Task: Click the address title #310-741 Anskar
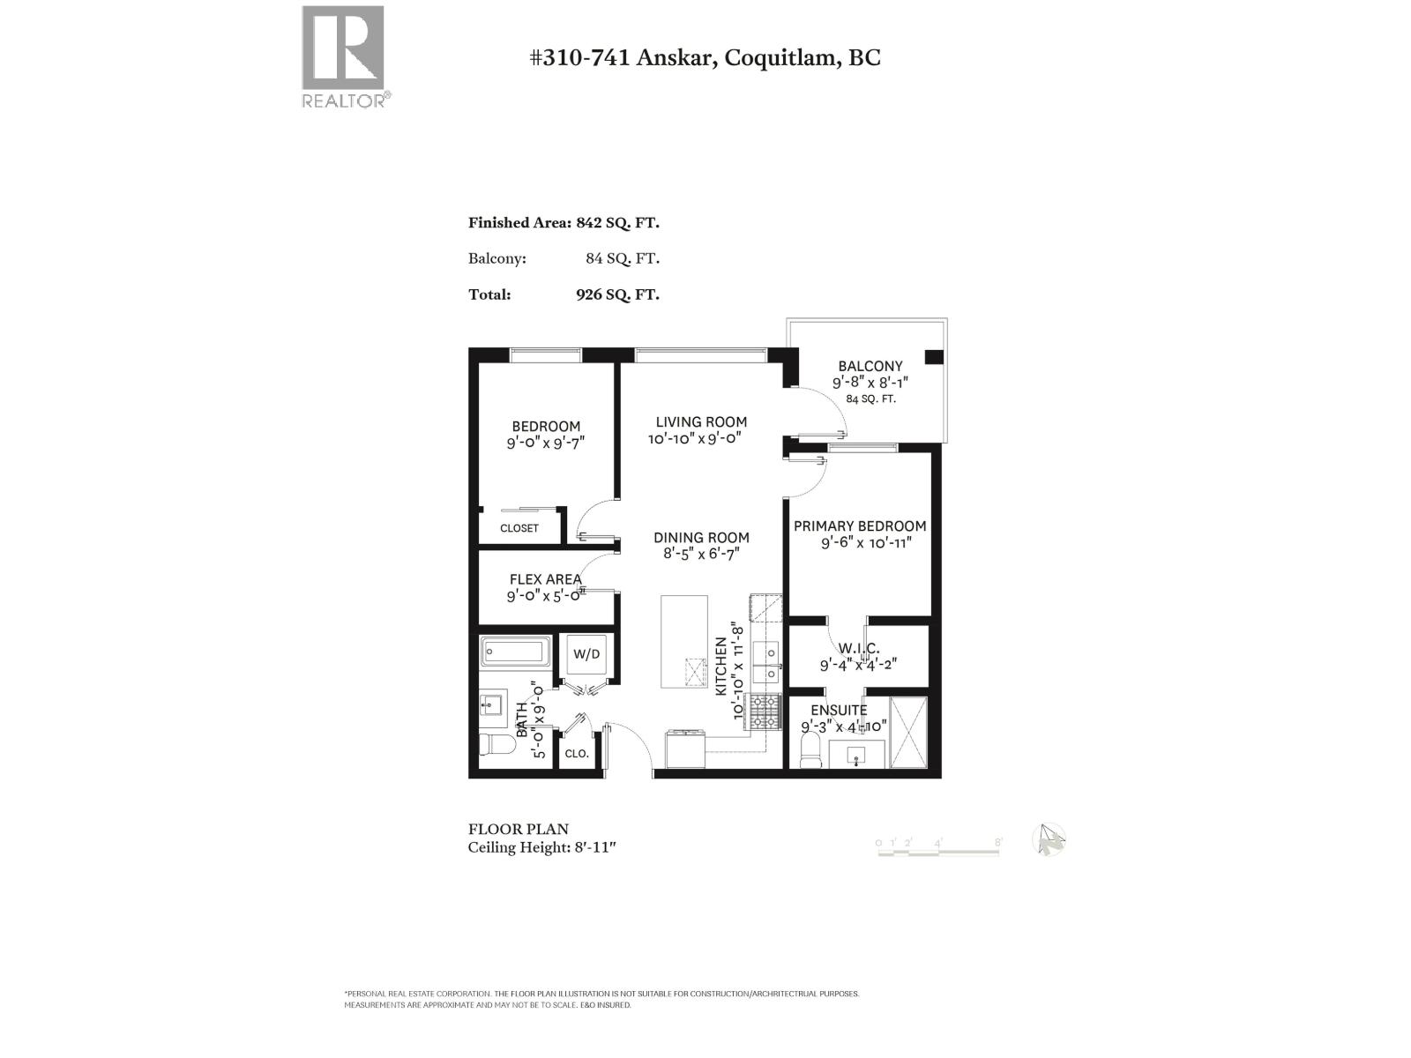704,57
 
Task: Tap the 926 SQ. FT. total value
617,294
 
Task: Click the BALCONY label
870,366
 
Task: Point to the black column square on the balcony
934,357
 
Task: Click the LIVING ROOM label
701,422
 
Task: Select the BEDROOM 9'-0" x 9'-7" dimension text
546,443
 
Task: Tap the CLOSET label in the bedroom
519,528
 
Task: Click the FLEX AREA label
545,579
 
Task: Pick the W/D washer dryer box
586,654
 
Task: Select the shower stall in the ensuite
909,732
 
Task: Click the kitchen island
684,641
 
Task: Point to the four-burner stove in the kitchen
764,712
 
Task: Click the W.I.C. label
858,649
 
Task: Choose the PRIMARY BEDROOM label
860,526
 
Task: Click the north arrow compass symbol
1049,839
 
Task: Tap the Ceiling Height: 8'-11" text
541,847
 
